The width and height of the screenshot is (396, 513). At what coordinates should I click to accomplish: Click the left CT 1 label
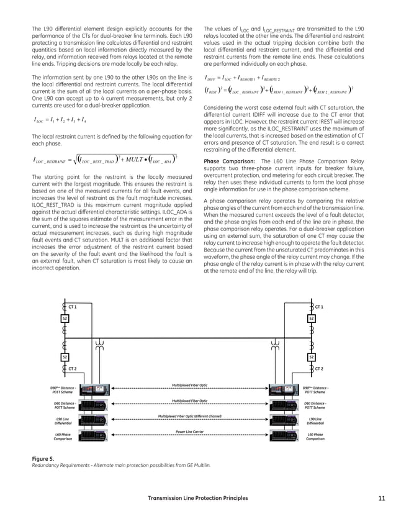(x=72, y=307)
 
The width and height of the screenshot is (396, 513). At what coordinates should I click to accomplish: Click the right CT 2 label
(x=319, y=369)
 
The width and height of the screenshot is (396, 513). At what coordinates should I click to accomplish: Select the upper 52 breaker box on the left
(x=65, y=318)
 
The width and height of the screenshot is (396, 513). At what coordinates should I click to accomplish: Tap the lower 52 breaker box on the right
(x=312, y=357)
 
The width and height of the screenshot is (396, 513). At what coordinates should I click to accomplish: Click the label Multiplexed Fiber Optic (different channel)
(x=189, y=415)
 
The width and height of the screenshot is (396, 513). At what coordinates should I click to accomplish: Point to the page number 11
(x=381, y=498)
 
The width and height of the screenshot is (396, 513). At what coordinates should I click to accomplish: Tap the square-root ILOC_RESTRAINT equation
(x=106, y=160)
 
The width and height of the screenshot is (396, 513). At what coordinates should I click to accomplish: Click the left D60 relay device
(x=92, y=405)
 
